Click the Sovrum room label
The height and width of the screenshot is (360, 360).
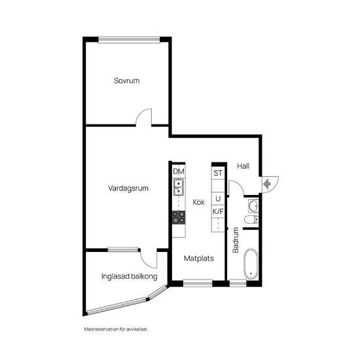pos(127,81)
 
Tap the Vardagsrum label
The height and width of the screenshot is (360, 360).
pos(129,189)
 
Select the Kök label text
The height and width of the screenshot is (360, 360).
pos(198,202)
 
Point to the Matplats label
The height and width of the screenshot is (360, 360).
pos(198,258)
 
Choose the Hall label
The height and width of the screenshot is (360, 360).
pos(243,166)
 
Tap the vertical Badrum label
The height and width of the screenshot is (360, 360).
pos(236,240)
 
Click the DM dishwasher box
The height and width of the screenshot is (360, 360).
pos(179,171)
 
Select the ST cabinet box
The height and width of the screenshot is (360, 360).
pos(218,173)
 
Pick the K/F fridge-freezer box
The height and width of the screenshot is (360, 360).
pos(218,211)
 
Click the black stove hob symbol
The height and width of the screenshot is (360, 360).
pos(178,217)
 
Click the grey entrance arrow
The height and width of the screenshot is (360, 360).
pos(267,184)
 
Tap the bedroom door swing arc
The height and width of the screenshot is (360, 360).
pos(144,117)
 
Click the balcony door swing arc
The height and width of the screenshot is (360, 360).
pos(150,258)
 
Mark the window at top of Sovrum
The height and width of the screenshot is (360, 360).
pos(138,39)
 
